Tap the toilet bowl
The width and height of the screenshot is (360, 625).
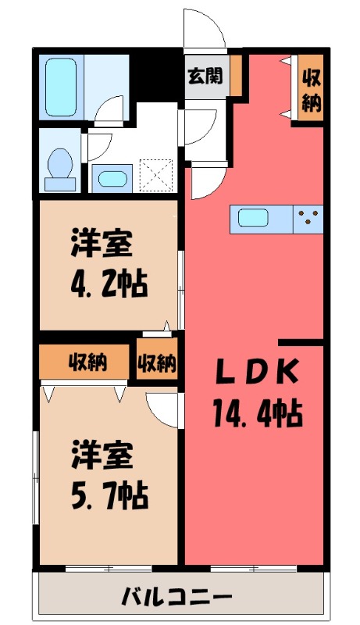click(59, 167)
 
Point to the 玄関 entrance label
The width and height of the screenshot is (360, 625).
click(204, 76)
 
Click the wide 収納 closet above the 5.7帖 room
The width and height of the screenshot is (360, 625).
click(86, 362)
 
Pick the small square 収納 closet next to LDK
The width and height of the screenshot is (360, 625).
click(157, 362)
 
